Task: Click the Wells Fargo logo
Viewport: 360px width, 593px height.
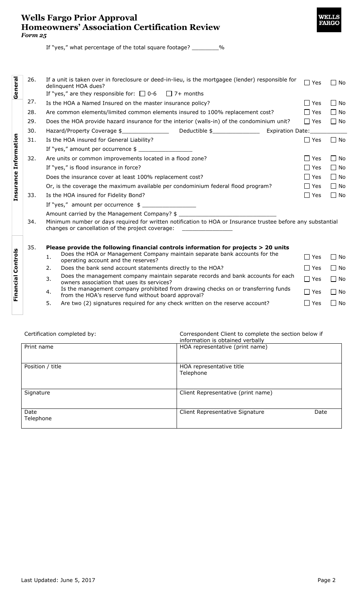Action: tap(329, 20)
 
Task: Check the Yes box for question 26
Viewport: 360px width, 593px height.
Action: tap(307, 83)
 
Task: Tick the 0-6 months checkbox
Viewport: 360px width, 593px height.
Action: tap(142, 94)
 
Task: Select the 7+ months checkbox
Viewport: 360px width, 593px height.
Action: tap(169, 94)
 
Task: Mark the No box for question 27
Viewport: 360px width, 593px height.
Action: tap(333, 103)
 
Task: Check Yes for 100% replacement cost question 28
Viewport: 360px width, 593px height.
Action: tap(307, 112)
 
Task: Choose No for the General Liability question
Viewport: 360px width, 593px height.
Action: tap(333, 140)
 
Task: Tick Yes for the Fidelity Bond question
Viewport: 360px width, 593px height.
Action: tap(307, 195)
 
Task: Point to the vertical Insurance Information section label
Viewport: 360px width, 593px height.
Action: tap(16, 167)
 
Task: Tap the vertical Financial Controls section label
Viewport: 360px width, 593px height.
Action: tap(16, 275)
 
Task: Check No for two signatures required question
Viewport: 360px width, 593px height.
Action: tap(333, 303)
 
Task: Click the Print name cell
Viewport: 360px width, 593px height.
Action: tap(99, 353)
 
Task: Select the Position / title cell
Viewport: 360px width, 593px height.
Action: tap(99, 376)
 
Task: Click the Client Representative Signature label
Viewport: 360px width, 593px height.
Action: tap(222, 412)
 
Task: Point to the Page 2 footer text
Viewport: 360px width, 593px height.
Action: tap(326, 580)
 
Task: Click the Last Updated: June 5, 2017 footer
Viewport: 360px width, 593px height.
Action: tap(58, 580)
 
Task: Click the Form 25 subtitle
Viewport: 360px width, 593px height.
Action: tap(34, 35)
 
